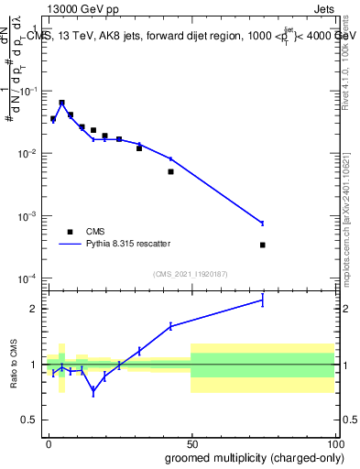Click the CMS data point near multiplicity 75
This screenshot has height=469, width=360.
pyautogui.click(x=263, y=245)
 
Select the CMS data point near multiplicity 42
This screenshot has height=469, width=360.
pyautogui.click(x=170, y=171)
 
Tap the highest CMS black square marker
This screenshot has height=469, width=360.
pyautogui.click(x=61, y=103)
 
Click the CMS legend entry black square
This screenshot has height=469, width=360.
pyautogui.click(x=70, y=232)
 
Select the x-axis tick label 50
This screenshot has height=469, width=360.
pyautogui.click(x=191, y=442)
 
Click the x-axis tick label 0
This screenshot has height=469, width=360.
pyautogui.click(x=49, y=442)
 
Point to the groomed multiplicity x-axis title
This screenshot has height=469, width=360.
pyautogui.click(x=249, y=456)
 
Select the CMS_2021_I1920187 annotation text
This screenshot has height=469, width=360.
pyautogui.click(x=191, y=273)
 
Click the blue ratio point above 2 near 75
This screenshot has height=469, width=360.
pyautogui.click(x=263, y=300)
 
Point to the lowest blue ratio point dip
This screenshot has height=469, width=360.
pyautogui.click(x=93, y=391)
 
